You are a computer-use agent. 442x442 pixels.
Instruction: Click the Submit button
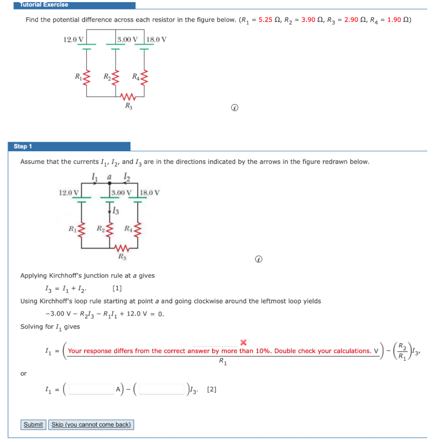coord(33,425)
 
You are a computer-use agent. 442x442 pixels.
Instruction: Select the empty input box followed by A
coord(91,389)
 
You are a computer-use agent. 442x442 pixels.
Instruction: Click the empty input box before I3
coord(162,389)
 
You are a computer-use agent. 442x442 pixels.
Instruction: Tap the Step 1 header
coord(69,146)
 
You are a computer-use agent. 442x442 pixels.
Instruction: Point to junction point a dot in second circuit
coord(110,183)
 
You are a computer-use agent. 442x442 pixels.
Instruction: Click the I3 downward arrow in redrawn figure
coord(110,210)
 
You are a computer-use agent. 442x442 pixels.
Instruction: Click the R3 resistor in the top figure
coord(129,96)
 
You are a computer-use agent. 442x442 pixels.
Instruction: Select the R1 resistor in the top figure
coord(87,78)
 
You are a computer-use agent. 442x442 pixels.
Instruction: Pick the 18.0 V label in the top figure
coord(156,39)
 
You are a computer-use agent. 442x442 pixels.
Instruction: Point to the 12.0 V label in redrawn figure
coord(69,193)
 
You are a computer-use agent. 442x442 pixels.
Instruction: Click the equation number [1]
coord(117,288)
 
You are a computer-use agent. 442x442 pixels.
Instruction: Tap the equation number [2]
coord(212,389)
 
